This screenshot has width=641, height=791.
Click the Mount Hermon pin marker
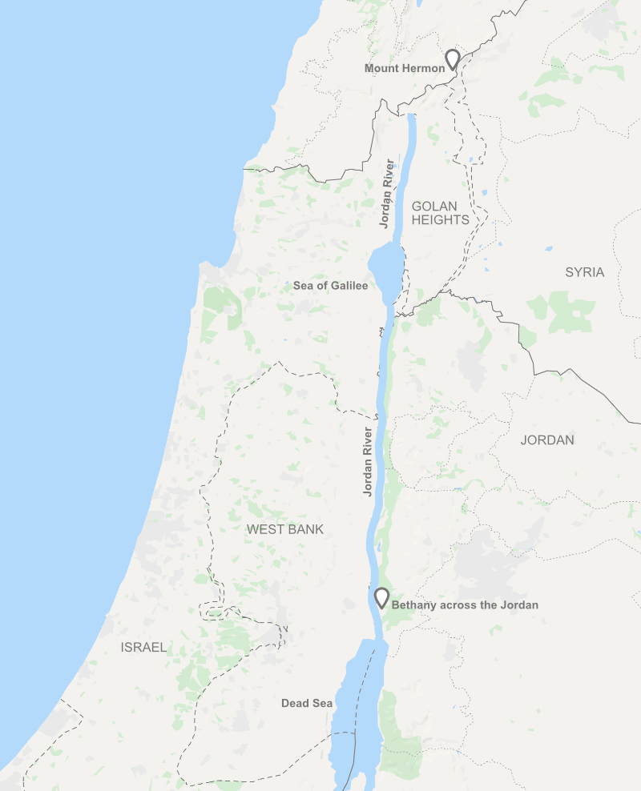click(453, 59)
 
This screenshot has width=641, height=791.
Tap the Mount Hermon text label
click(404, 69)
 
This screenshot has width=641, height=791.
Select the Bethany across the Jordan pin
click(382, 597)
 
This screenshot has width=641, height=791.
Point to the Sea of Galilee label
click(330, 286)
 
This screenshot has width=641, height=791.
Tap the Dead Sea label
click(306, 704)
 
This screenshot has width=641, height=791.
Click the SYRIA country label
click(584, 272)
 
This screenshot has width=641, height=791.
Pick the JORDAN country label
click(547, 440)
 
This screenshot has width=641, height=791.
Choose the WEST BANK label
click(284, 529)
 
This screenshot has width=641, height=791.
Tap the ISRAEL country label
click(143, 647)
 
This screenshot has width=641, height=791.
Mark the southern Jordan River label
click(368, 462)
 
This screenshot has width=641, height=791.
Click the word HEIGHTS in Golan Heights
click(440, 220)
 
